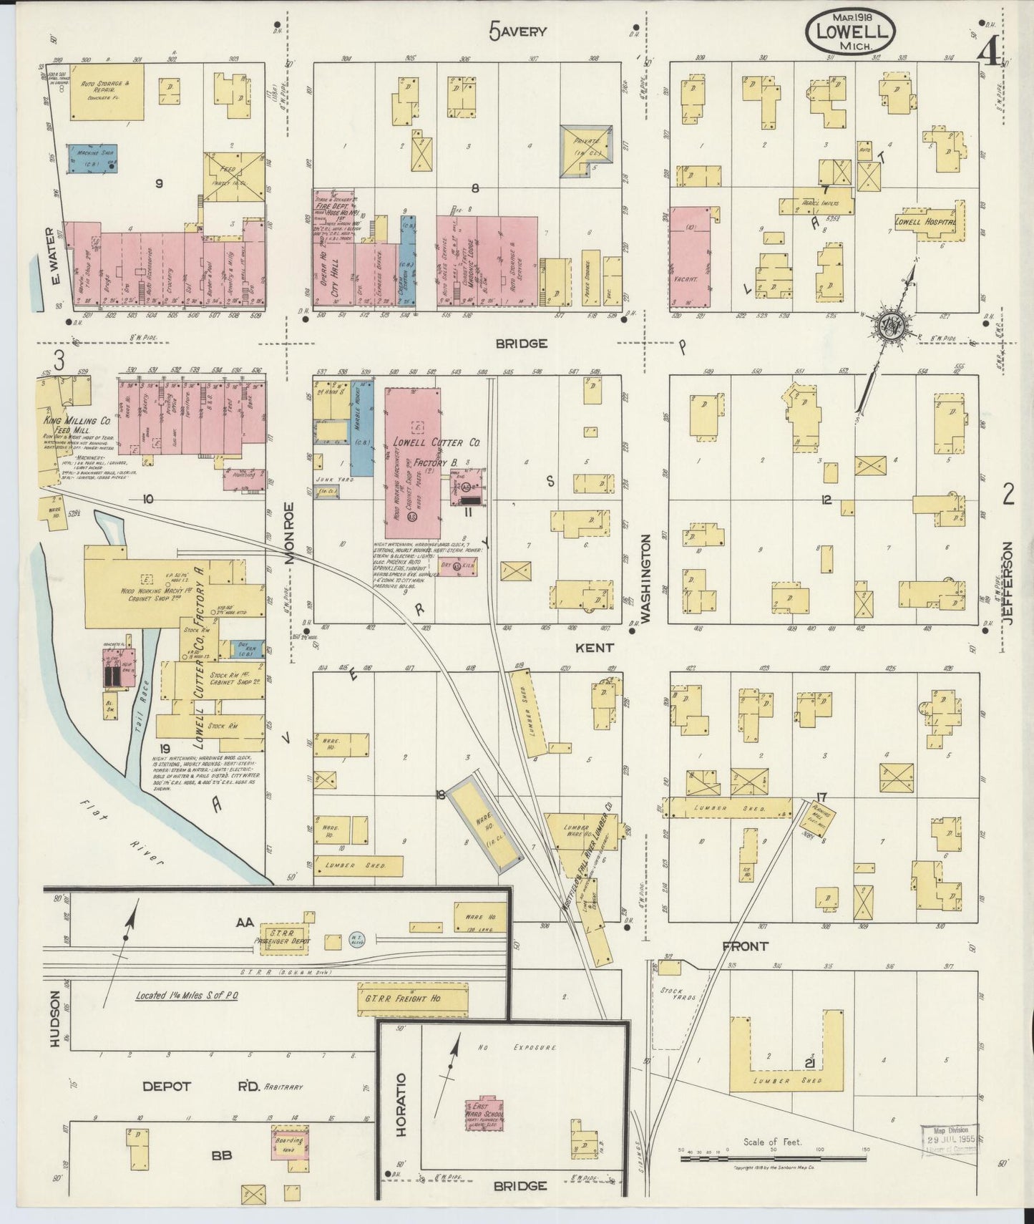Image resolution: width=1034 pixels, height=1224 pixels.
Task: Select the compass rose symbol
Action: click(891, 326)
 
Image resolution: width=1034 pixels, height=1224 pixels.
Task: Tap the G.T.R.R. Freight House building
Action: click(412, 998)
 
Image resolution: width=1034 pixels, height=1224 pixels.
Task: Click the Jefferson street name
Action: click(1008, 584)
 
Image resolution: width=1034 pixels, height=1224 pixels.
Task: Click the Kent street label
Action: click(594, 647)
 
